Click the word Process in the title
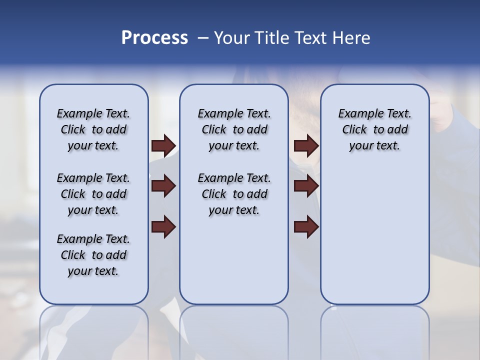tap(154, 38)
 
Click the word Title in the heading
tap(271, 38)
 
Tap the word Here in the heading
tap(351, 38)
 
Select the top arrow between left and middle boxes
tap(163, 145)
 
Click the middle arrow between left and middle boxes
tap(163, 186)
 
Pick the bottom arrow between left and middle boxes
tap(163, 227)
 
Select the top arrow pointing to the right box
tap(306, 145)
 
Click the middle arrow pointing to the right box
tap(306, 186)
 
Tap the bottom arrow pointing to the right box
tap(306, 227)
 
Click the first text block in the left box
tap(93, 129)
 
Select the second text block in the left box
tap(93, 194)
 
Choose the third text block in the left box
tap(93, 255)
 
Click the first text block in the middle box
tap(234, 129)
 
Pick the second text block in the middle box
tap(234, 194)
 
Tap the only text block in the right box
tap(374, 129)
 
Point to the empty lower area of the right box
tap(374, 235)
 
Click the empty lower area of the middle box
tap(234, 260)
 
